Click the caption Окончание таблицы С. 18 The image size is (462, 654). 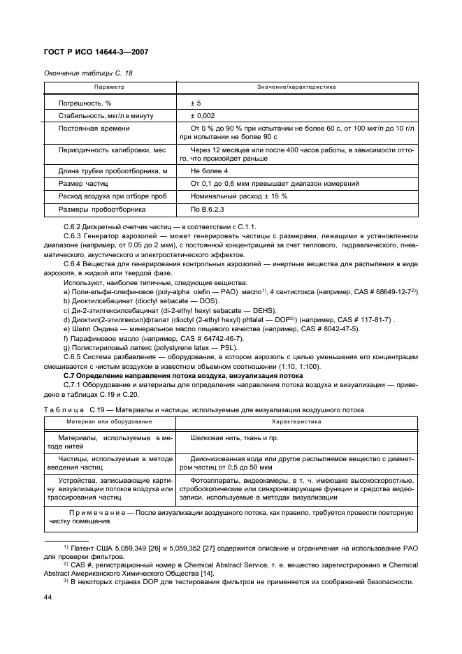tap(88, 73)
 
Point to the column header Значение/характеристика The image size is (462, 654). tap(297, 87)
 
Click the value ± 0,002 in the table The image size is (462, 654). tap(203, 115)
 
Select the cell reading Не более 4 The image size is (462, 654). tap(209, 170)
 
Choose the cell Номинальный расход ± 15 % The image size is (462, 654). tap(239, 196)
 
